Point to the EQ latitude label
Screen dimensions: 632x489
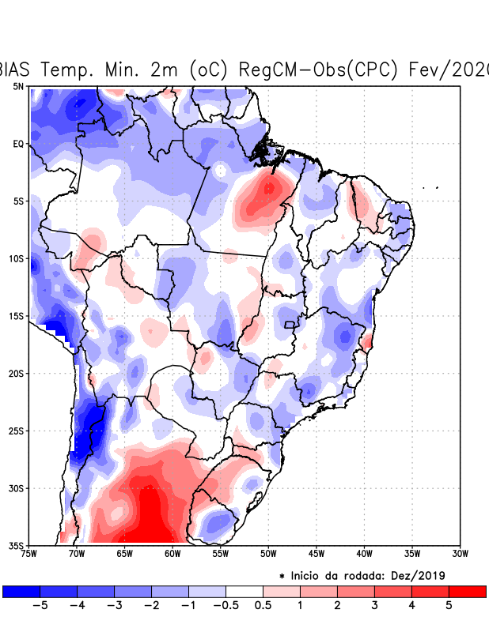[18, 144]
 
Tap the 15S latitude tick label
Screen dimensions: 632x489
[17, 316]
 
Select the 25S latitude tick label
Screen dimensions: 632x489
[17, 431]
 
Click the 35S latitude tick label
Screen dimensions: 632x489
[17, 546]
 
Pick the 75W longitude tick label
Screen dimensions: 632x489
[30, 554]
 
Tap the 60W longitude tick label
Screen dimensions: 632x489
[172, 554]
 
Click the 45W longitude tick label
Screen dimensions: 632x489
[317, 554]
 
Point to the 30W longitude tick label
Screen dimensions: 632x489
[460, 554]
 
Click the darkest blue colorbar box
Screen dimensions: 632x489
[21, 591]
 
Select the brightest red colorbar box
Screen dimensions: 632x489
[467, 591]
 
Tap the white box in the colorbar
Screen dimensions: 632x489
[244, 591]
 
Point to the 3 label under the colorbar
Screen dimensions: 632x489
[374, 606]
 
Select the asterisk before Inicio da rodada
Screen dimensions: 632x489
[282, 577]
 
